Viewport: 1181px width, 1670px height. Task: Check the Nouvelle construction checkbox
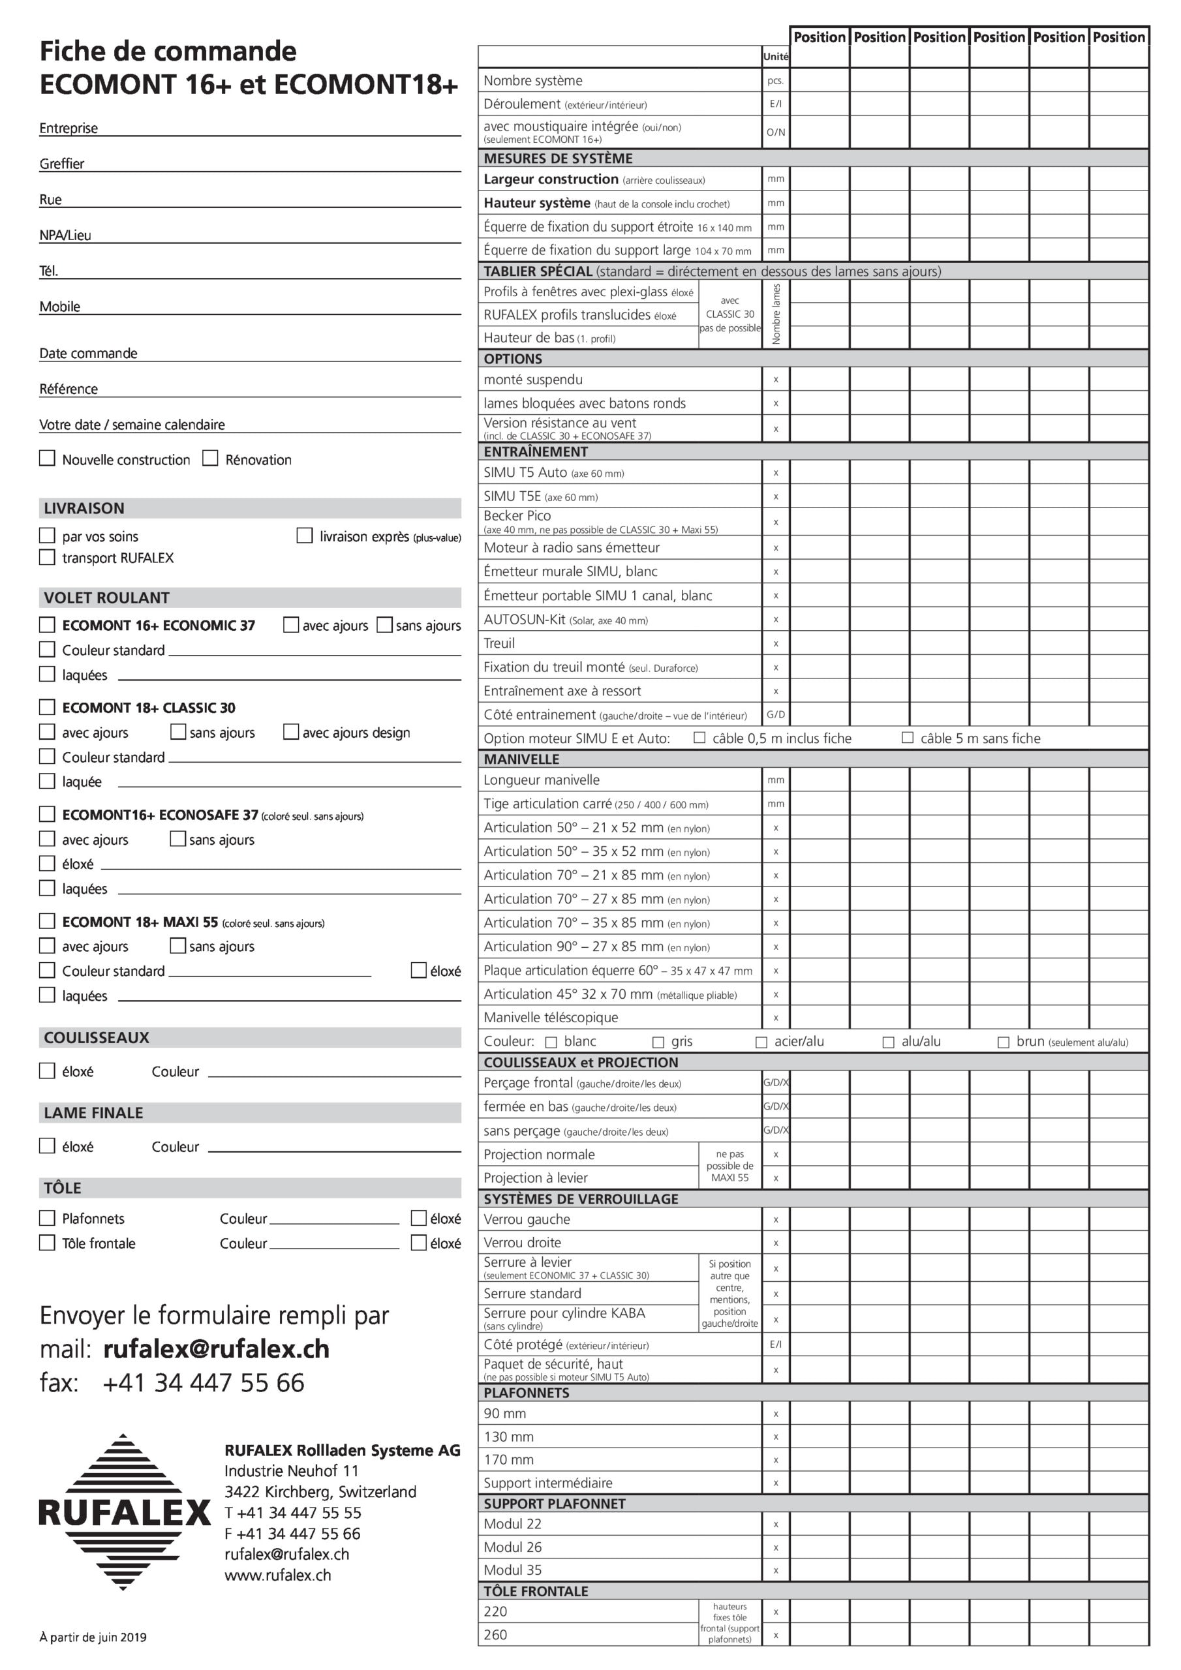pos(47,458)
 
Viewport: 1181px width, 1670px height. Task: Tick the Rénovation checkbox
pos(210,458)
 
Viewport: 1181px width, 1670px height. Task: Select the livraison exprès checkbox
pos(305,536)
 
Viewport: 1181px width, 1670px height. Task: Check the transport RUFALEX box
pos(47,558)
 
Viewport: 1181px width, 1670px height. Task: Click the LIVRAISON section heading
pos(84,508)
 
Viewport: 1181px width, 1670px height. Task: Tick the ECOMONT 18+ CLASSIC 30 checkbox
pos(47,707)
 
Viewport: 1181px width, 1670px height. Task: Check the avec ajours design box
pos(291,732)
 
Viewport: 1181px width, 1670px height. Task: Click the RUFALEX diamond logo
pos(124,1512)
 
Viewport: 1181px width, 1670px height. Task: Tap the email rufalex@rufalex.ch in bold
pos(216,1349)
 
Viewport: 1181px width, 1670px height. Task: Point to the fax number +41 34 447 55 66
pos(203,1383)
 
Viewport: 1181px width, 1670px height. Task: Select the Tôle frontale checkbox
pos(47,1243)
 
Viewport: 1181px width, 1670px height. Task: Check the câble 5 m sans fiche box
pos(908,738)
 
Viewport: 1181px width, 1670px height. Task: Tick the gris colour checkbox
pos(658,1042)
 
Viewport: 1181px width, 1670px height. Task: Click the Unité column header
pos(776,57)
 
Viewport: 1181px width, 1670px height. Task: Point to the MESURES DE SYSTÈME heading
pos(558,159)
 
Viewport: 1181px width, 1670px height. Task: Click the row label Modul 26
pos(513,1547)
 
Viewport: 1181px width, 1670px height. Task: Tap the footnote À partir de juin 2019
pos(93,1637)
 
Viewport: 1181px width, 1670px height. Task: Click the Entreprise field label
pos(69,128)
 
